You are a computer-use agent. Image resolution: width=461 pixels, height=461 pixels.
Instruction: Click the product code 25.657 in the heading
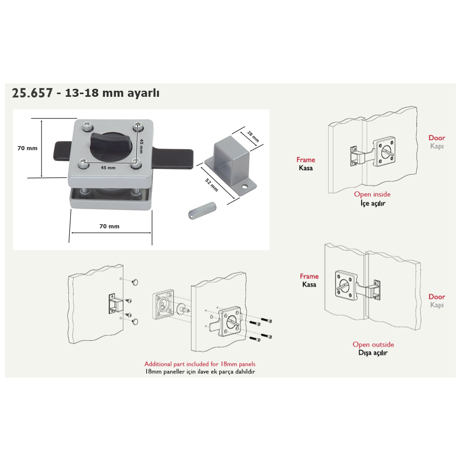pos(32,93)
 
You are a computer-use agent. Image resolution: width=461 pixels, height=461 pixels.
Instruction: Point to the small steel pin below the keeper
pos(202,211)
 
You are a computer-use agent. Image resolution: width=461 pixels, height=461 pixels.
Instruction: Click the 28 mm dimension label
pos(253,136)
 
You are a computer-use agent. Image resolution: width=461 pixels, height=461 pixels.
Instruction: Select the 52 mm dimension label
pos(212,185)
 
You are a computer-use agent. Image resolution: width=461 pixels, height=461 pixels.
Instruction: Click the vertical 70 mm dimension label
pos(27,148)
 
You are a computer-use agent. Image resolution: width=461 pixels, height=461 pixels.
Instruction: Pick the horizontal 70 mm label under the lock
pos(109,226)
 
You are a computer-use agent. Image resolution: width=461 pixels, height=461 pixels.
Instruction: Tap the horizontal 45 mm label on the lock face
pos(108,168)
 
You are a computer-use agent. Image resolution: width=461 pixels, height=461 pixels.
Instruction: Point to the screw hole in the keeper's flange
pos(244,186)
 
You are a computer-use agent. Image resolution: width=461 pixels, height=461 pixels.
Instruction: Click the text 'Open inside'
pos(372,194)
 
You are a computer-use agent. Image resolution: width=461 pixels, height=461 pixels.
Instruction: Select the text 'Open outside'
pos(373,345)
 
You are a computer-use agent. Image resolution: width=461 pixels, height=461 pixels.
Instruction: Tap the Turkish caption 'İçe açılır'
pos(373,203)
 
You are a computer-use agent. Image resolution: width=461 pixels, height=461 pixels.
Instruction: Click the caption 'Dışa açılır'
pos(373,353)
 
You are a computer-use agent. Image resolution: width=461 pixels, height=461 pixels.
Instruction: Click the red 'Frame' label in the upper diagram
pos(306,160)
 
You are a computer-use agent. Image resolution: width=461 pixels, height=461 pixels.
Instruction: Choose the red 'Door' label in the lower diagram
pos(436,297)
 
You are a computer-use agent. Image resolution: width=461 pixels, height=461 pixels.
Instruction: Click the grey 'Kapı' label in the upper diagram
pos(436,146)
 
